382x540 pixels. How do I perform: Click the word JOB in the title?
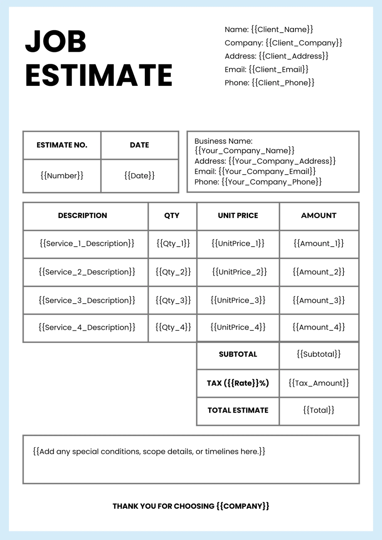coord(56,41)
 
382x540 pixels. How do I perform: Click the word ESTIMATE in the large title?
coord(99,75)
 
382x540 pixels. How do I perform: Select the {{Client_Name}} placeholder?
coord(282,30)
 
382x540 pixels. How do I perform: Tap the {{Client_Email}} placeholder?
coord(279,69)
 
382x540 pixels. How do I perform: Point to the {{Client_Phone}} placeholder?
coord(283,83)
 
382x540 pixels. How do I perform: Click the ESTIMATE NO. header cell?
coord(62,145)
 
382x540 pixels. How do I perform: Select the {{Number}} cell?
coord(62,176)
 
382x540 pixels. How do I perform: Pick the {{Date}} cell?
coord(139,176)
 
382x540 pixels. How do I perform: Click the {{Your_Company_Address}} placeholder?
coord(282,161)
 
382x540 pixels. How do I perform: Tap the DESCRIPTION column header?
coord(82,215)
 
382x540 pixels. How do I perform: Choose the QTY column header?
coord(172,215)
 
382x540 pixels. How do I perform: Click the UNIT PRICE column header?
coord(238,215)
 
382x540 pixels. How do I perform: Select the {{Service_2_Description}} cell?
coord(87,272)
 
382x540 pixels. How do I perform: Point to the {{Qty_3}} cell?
coord(173,300)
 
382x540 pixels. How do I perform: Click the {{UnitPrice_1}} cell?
coord(238,244)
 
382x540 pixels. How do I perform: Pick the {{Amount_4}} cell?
coord(319,327)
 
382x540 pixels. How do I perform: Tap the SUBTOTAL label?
coord(238,354)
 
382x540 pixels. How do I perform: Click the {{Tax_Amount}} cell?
coord(319,383)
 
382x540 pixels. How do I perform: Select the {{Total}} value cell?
coord(319,410)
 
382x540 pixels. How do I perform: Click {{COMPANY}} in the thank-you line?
coord(243,506)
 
